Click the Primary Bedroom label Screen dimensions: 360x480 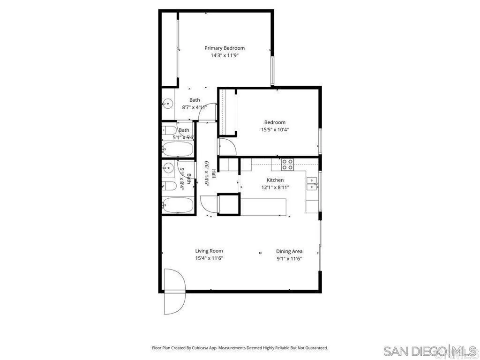click(x=224, y=48)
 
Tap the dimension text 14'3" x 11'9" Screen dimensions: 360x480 click(x=224, y=55)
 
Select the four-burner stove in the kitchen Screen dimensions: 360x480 click(x=287, y=164)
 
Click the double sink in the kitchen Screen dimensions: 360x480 click(x=311, y=183)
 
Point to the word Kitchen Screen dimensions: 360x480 click(x=275, y=180)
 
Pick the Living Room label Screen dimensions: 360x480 click(x=209, y=251)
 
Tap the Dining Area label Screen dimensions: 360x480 click(x=289, y=251)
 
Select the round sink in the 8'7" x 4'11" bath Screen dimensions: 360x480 click(x=167, y=105)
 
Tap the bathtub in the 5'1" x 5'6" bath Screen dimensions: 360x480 click(x=177, y=150)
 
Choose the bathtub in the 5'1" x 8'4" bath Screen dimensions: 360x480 click(x=177, y=205)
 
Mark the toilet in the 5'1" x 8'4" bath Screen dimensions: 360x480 click(x=170, y=186)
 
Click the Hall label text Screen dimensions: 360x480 click(x=213, y=173)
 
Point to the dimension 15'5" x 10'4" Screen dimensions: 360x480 click(x=275, y=130)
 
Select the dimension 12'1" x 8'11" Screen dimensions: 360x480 click(x=275, y=187)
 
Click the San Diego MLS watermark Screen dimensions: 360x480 click(x=429, y=351)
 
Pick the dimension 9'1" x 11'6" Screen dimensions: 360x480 click(x=289, y=258)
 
